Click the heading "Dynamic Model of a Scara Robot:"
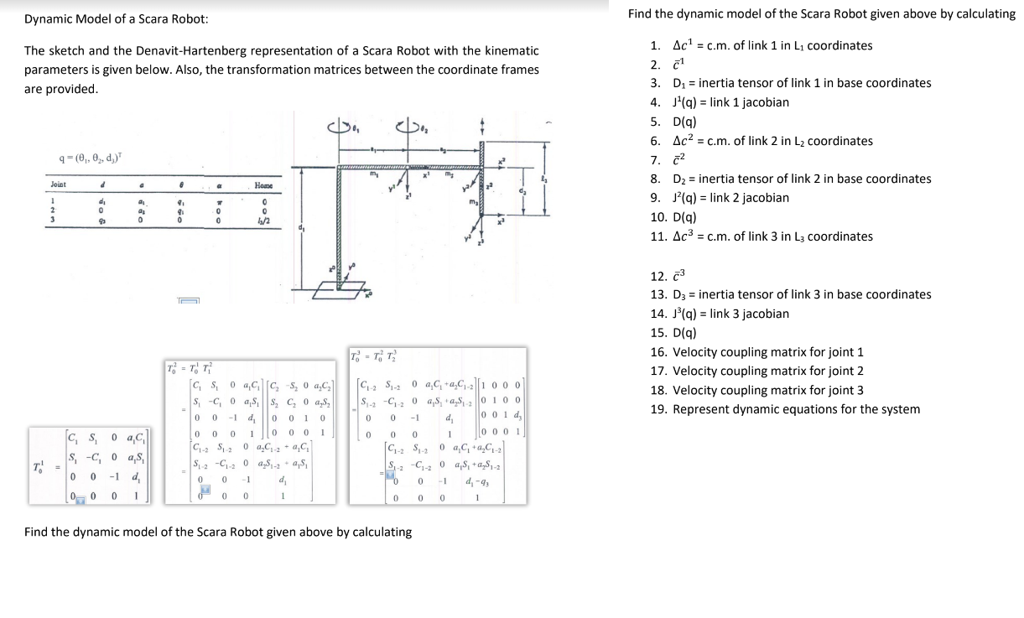(117, 18)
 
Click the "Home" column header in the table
(263, 184)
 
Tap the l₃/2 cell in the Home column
(263, 220)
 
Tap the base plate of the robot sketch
(340, 291)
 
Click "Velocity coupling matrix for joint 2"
(756, 371)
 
